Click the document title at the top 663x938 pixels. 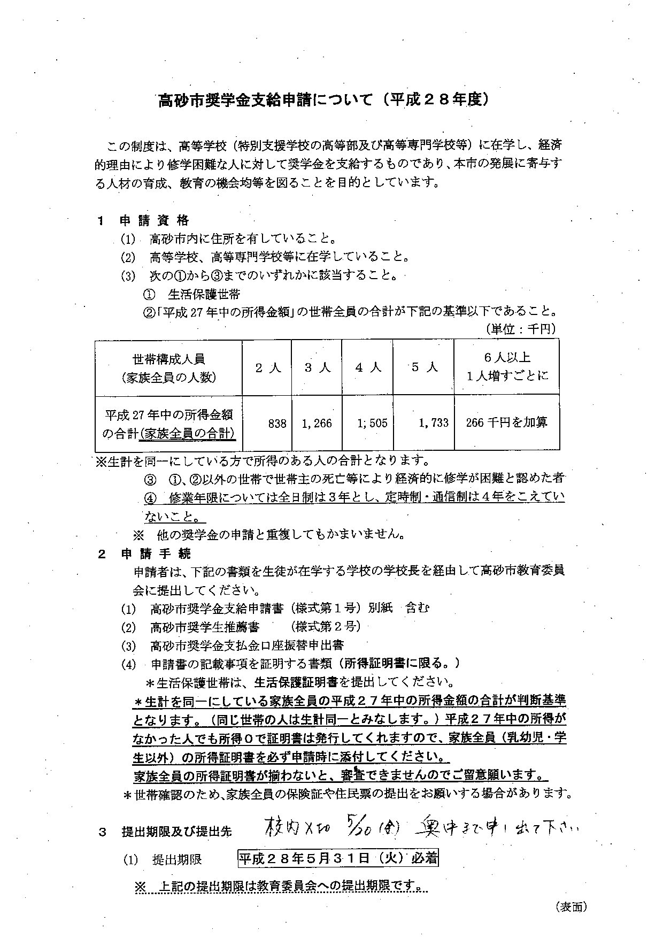tap(323, 100)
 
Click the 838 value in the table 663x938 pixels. tap(277, 424)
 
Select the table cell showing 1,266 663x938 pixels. tap(317, 424)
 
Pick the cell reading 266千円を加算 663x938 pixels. tap(506, 422)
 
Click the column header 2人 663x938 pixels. tap(267, 368)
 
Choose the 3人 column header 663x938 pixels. tap(317, 368)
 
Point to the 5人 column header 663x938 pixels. tap(425, 367)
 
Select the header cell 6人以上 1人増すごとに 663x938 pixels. tap(506, 366)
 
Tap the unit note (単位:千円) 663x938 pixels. tap(520, 328)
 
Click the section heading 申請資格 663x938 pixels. tap(154, 220)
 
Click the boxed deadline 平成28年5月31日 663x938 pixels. tap(338, 859)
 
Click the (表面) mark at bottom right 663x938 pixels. tap(572, 906)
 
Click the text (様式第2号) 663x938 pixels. tap(325, 626)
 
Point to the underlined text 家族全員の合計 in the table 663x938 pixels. tap(187, 433)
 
